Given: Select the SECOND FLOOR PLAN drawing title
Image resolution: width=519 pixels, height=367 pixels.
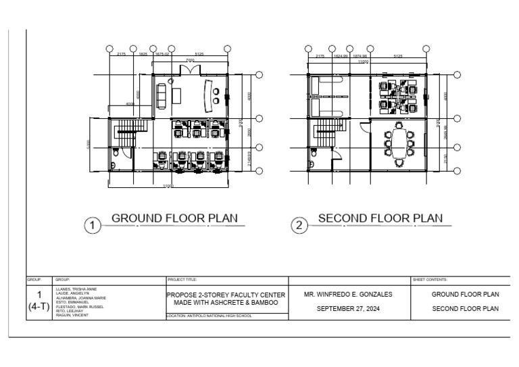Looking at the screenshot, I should tap(380, 218).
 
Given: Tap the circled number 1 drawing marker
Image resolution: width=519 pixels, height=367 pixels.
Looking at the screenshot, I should tap(92, 226).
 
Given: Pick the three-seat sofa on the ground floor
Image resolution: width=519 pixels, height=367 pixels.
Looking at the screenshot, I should tap(162, 95).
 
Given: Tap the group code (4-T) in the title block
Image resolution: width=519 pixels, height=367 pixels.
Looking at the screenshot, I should tap(39, 306).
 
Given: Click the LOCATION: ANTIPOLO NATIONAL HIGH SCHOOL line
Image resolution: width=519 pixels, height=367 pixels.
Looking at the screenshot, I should tap(209, 316).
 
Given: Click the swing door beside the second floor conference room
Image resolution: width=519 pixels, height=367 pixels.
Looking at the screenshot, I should tap(365, 126).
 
